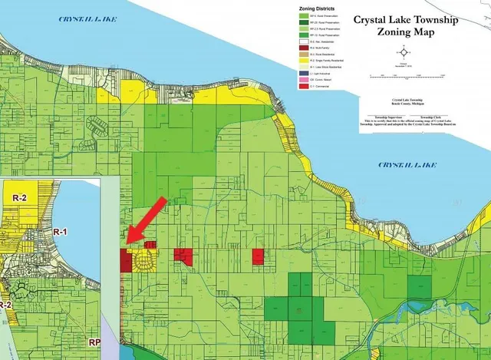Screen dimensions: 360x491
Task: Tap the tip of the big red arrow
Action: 127,243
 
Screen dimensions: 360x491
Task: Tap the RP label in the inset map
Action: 94,342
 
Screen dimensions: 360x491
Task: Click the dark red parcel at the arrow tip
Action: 125,259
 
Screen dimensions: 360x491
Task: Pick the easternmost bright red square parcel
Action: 258,257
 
